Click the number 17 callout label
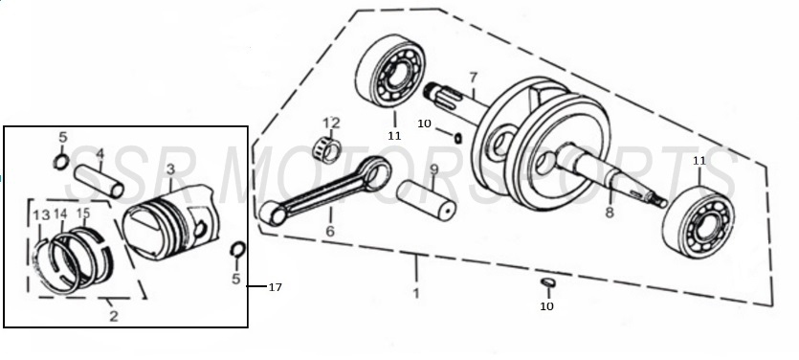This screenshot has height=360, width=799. tap(275, 287)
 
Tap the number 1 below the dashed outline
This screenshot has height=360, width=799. tap(416, 293)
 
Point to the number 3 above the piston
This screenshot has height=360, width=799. tap(169, 169)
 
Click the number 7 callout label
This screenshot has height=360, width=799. tap(473, 77)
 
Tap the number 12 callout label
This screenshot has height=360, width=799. tap(331, 123)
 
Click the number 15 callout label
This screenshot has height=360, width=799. tap(83, 213)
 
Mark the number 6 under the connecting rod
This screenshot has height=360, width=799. tap(330, 232)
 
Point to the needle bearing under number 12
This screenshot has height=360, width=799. tap(331, 146)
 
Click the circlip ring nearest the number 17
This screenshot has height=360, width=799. tap(237, 252)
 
